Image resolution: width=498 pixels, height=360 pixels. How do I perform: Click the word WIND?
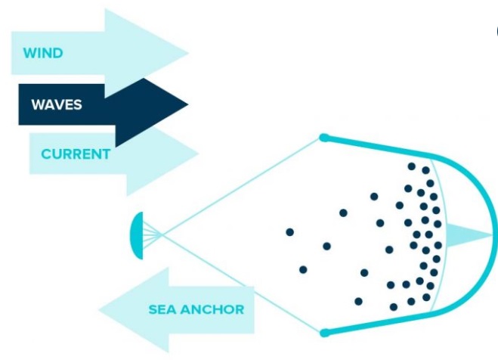click(x=42, y=54)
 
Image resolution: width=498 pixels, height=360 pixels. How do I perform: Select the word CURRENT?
click(x=76, y=154)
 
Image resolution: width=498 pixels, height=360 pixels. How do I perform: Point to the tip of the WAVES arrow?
click(x=187, y=103)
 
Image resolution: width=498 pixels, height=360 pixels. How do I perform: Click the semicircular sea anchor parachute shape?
click(x=136, y=234)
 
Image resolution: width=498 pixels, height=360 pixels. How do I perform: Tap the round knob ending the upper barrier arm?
click(x=323, y=138)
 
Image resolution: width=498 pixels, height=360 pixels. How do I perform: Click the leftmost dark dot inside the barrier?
click(x=289, y=231)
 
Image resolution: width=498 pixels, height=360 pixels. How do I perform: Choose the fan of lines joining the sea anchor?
click(x=151, y=234)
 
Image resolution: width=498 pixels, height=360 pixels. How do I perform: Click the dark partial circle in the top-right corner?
click(x=496, y=32)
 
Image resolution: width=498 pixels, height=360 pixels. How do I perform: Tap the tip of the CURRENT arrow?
click(x=197, y=154)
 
